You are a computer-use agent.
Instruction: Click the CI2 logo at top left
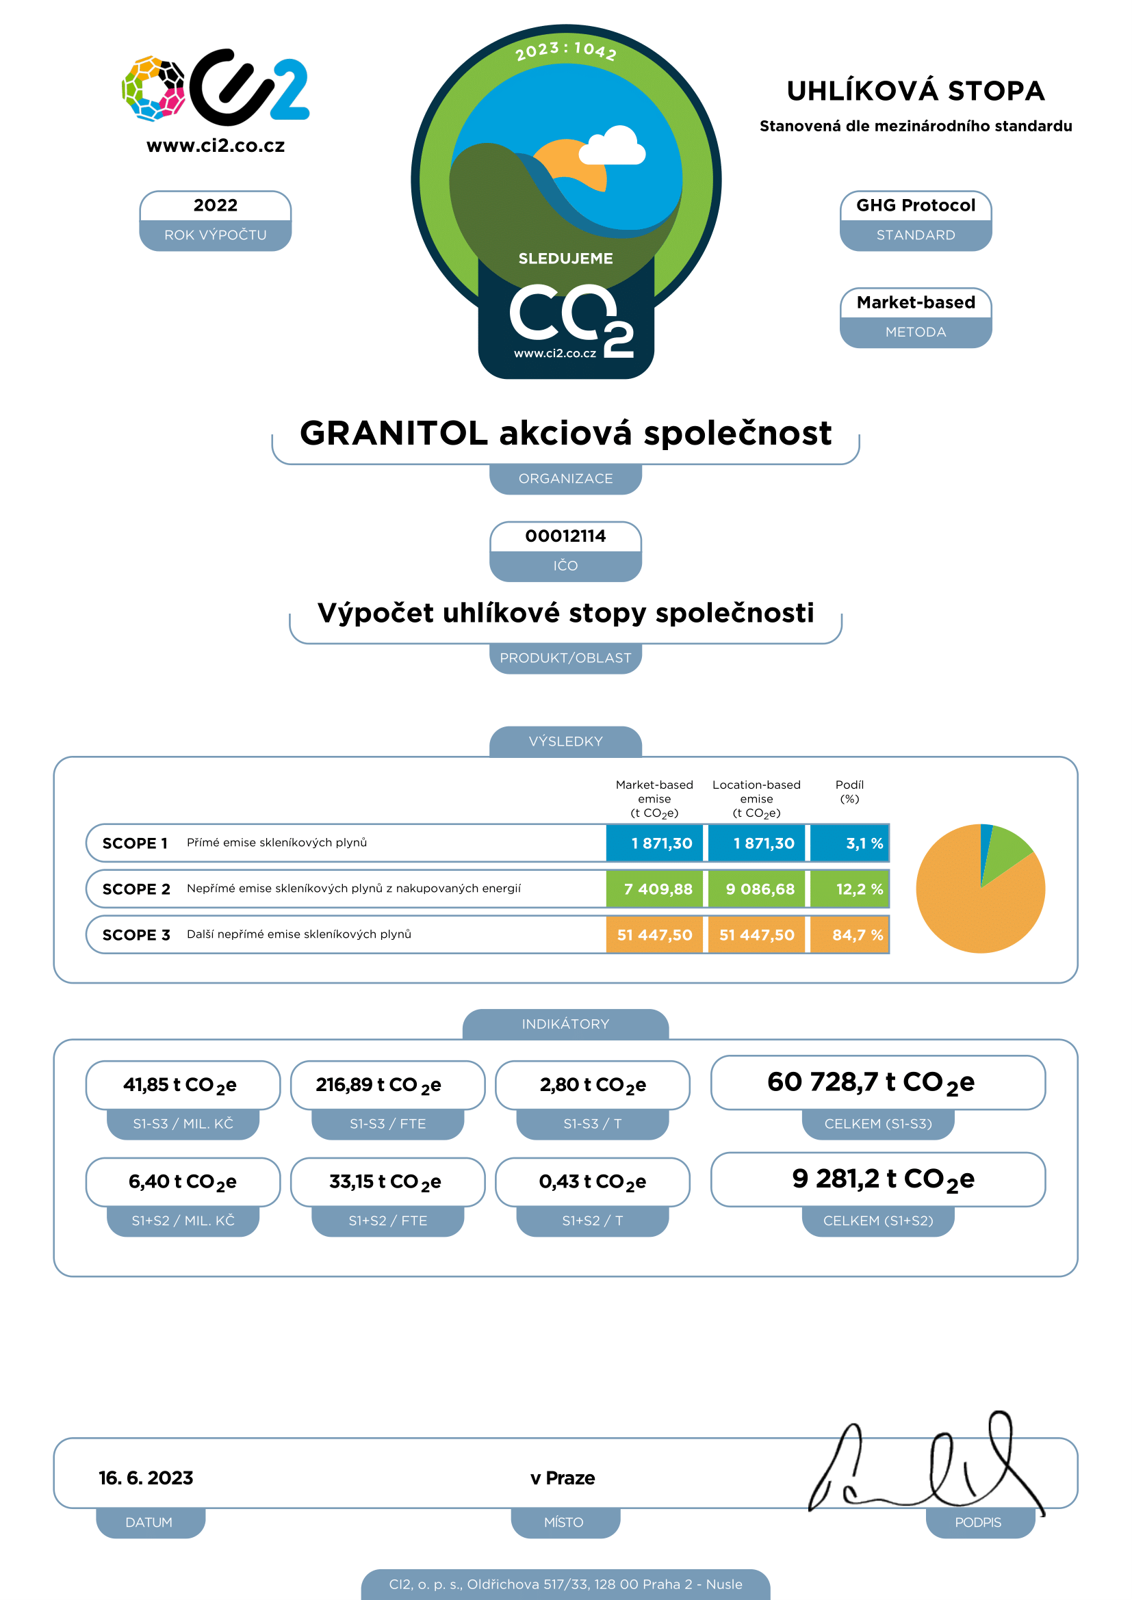coord(216,88)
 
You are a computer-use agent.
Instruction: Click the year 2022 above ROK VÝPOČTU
coord(216,205)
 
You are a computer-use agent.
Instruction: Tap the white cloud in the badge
coord(612,146)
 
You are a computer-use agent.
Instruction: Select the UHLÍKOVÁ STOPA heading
coord(915,91)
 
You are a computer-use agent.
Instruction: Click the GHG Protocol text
coord(915,205)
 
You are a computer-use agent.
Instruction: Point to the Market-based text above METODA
coord(915,302)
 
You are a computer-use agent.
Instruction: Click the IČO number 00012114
coord(565,536)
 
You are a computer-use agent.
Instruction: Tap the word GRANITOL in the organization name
coord(393,433)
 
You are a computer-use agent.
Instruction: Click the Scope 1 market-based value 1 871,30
coord(662,843)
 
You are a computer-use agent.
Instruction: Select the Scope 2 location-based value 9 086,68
coord(760,889)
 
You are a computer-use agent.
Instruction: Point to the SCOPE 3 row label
coord(136,935)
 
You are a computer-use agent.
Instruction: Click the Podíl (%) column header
coord(849,791)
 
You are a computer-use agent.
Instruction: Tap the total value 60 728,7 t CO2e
coord(871,1082)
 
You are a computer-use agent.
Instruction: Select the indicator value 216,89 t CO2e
coord(378,1085)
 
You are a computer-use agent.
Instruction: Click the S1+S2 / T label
coord(593,1220)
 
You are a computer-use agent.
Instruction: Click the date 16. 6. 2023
coord(146,1478)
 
